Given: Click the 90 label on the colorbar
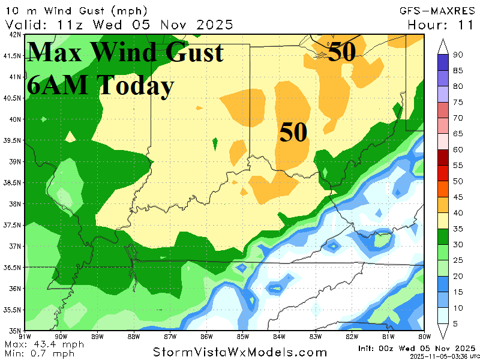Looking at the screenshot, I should pyautogui.click(x=457, y=55).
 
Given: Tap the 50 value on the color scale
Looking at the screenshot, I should pyautogui.click(x=457, y=181).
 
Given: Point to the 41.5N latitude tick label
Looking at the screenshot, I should pyautogui.click(x=13, y=56).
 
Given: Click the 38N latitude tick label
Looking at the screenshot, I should pyautogui.click(x=13, y=204).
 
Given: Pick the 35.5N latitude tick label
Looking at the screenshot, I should pyautogui.click(x=13, y=310).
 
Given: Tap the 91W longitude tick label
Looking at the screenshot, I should pyautogui.click(x=25, y=336).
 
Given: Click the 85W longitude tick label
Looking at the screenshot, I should pyautogui.click(x=243, y=336).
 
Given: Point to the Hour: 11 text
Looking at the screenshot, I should pyautogui.click(x=442, y=25).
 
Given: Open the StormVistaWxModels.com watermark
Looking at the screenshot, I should pyautogui.click(x=240, y=352).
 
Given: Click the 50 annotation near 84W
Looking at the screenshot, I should pyautogui.click(x=293, y=133).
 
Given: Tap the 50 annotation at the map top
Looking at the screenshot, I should pyautogui.click(x=342, y=52).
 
